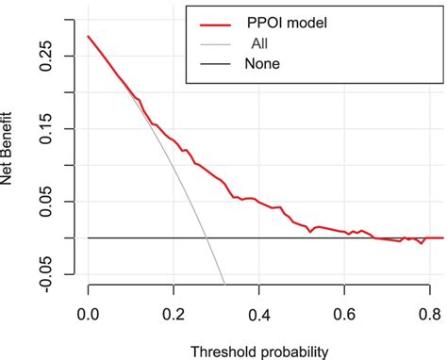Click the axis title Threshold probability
[x=259, y=352]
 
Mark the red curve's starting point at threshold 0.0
[x=88, y=37]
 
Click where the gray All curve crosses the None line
[x=207, y=237]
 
